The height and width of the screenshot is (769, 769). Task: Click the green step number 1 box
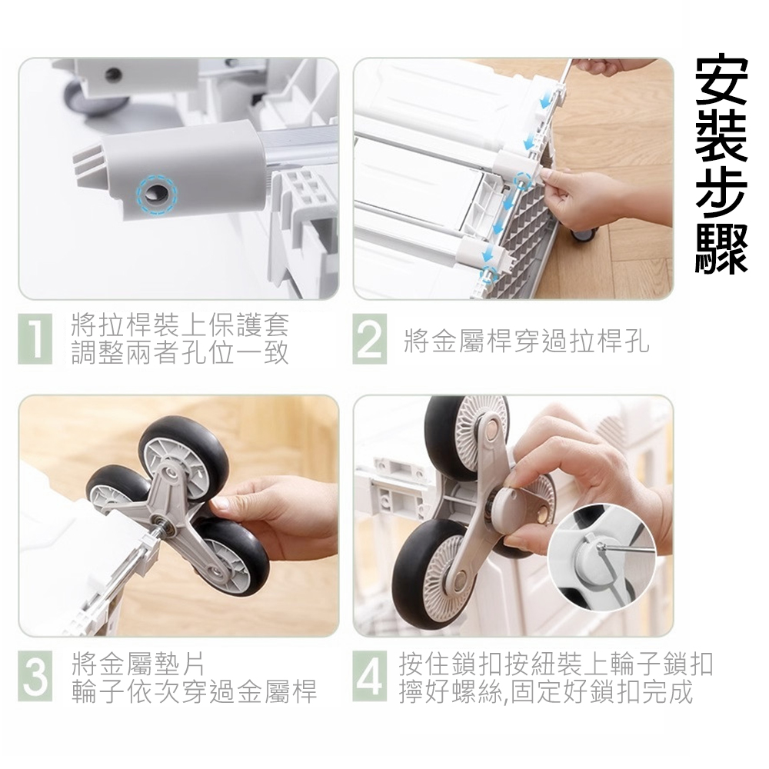point(35,339)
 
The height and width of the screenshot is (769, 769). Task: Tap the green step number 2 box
point(369,339)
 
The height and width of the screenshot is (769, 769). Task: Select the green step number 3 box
point(35,676)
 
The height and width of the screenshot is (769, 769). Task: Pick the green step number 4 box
point(369,676)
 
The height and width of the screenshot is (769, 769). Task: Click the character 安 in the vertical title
point(721,78)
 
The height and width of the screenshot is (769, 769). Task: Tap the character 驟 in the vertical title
point(721,247)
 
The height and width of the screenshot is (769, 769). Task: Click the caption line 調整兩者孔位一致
point(180,351)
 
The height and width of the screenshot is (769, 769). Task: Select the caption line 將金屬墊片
point(138,664)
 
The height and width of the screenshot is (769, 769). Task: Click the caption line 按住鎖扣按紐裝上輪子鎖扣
point(556,664)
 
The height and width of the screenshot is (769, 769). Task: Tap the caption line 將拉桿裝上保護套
point(180,325)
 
